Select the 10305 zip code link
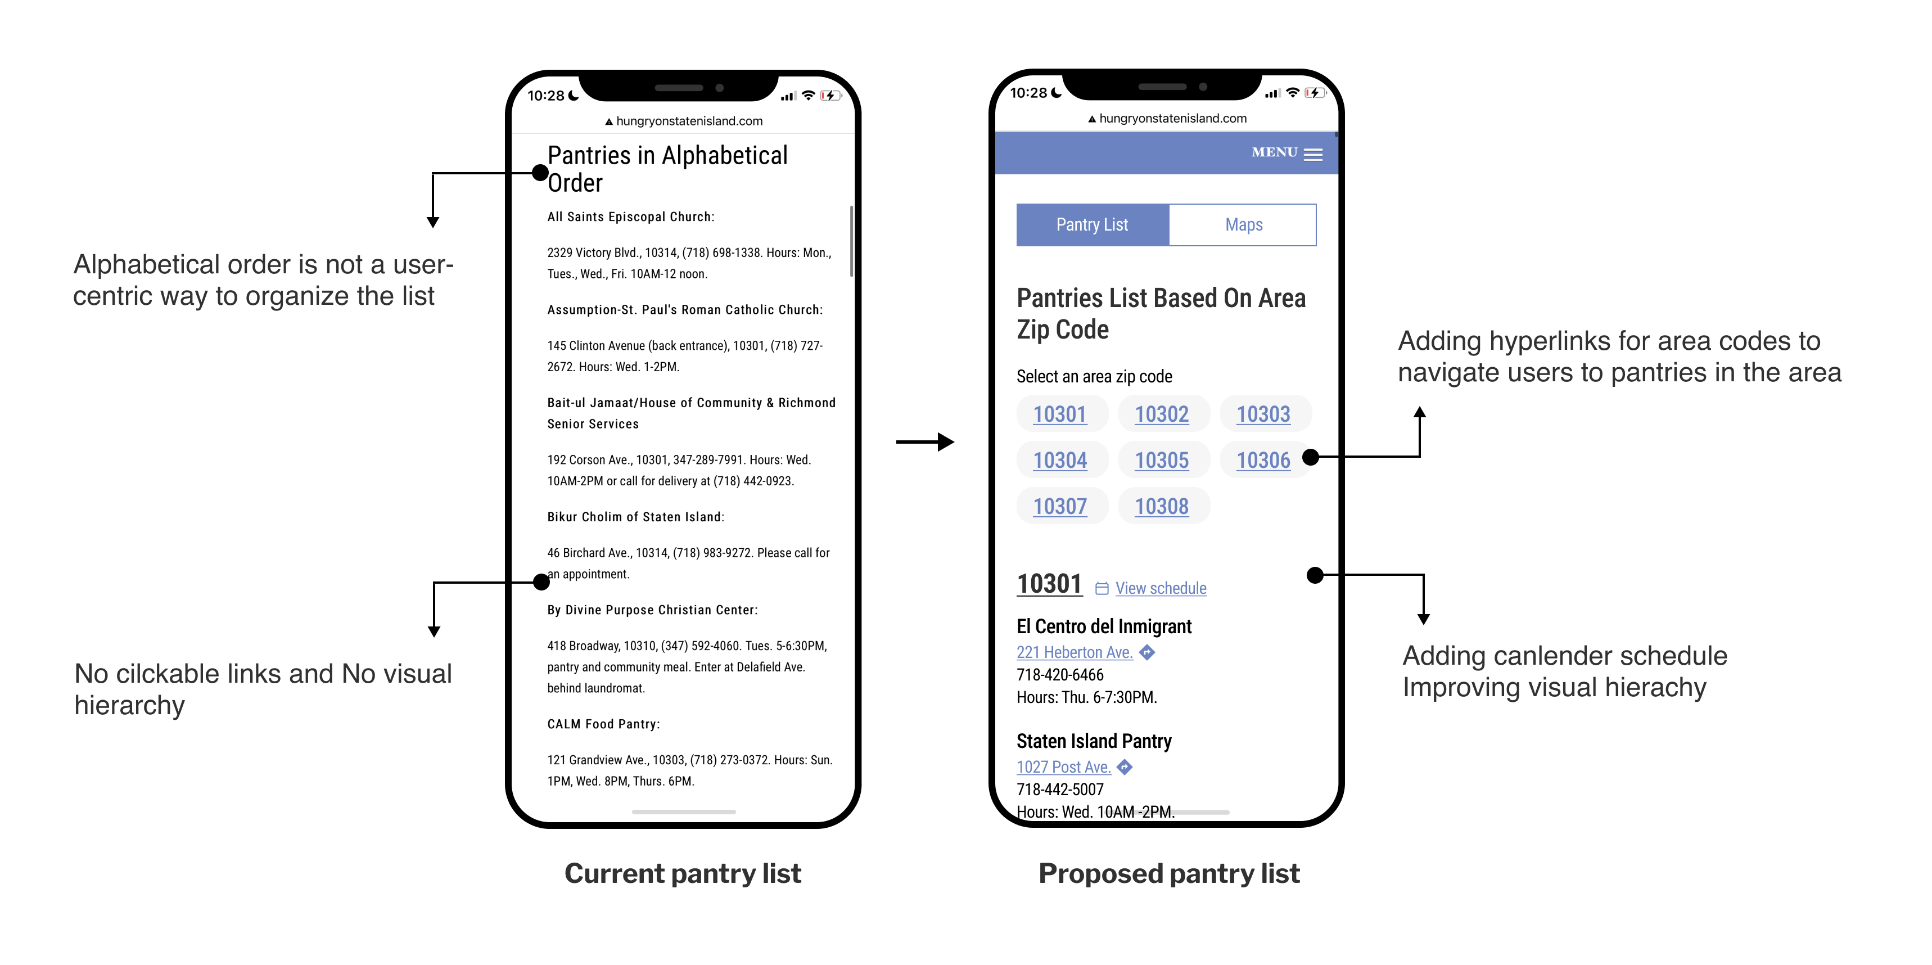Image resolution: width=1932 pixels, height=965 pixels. pos(1161,459)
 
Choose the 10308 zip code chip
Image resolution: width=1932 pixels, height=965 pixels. pos(1161,506)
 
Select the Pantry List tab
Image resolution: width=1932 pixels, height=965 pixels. pos(1092,224)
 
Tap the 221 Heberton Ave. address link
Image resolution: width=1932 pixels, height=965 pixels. pos(1074,652)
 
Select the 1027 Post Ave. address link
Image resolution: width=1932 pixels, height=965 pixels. pos(1063,767)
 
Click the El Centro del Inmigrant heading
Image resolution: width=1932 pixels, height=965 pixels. pos(1103,626)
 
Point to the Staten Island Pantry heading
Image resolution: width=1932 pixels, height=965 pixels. pos(1094,741)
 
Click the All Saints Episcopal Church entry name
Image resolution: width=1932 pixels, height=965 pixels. pos(630,217)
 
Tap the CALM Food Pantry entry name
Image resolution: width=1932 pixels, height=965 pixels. pos(603,724)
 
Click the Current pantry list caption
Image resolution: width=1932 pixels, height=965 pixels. pos(683,873)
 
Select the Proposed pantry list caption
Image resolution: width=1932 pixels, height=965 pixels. pos(1168,873)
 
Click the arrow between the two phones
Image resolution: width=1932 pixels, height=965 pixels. pos(925,441)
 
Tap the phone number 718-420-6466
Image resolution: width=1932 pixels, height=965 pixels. pos(1060,675)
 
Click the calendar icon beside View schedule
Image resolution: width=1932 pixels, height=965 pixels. pos(1101,589)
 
